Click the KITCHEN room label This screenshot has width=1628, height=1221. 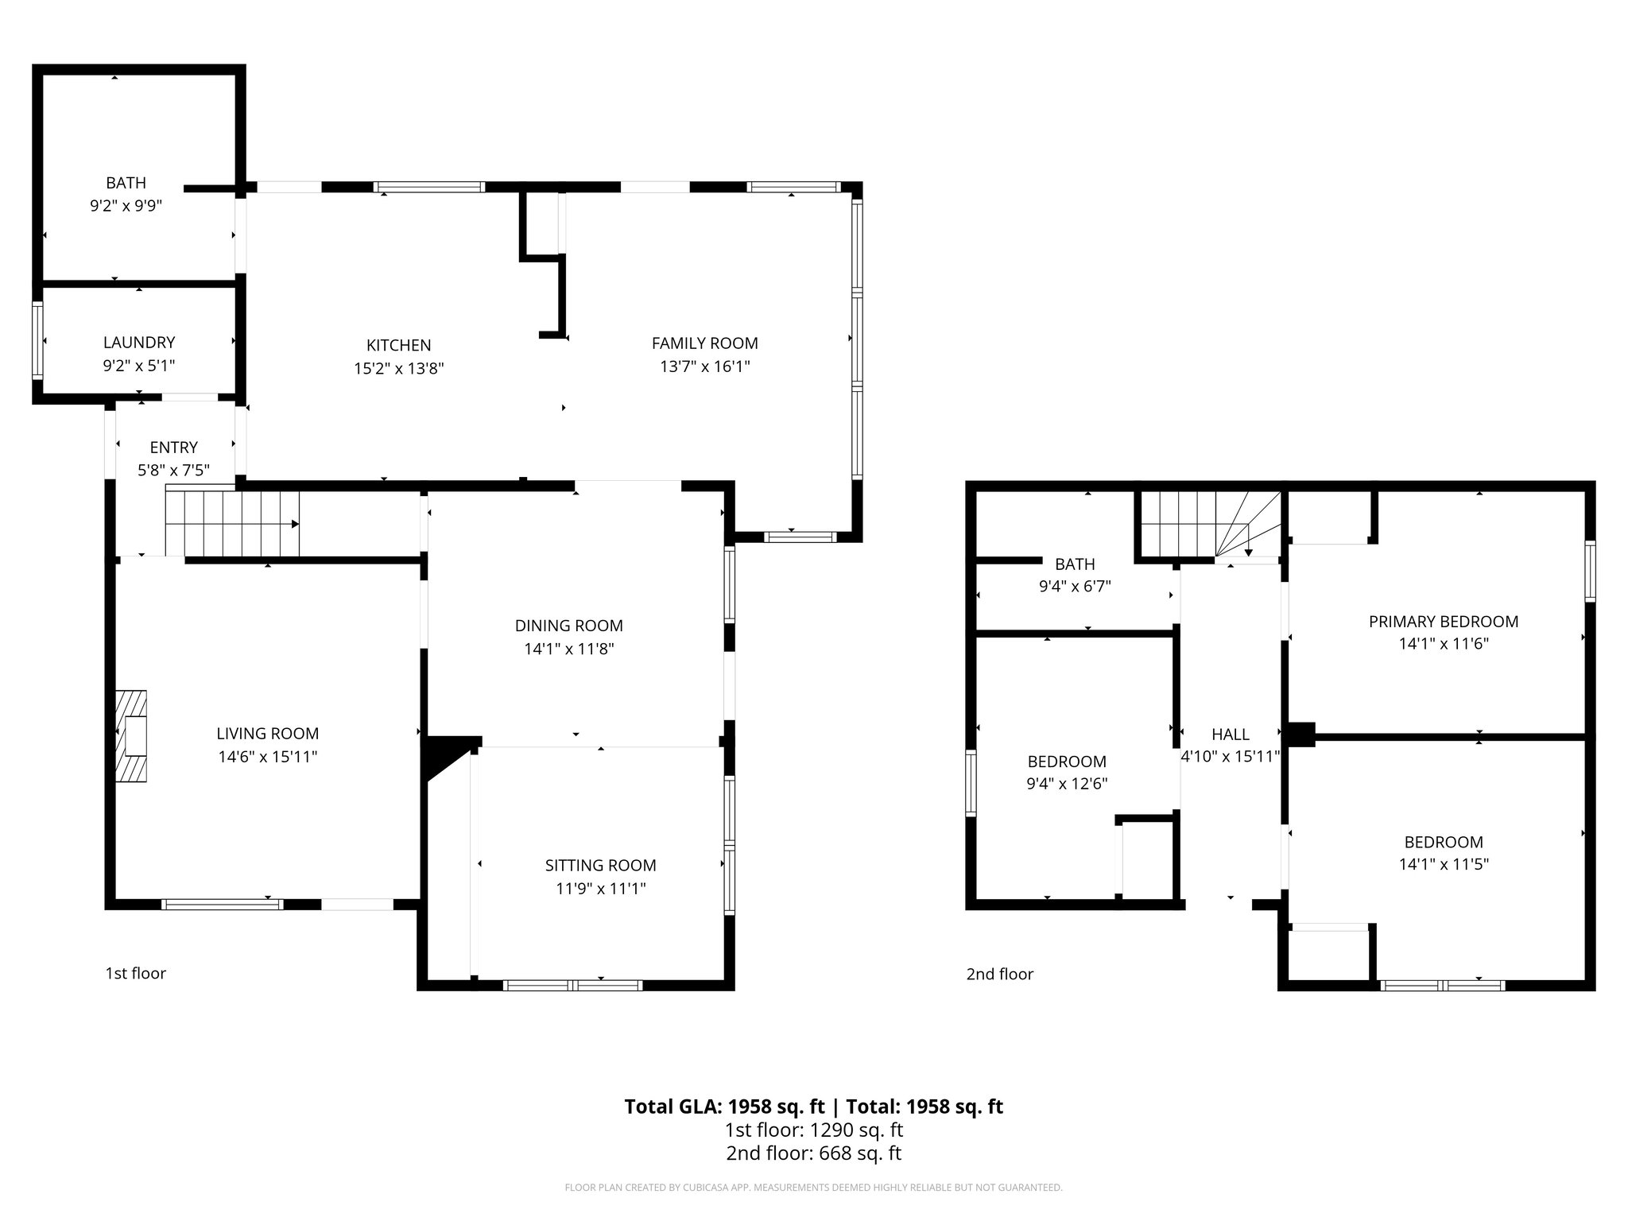pos(398,345)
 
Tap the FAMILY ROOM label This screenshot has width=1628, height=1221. pos(704,343)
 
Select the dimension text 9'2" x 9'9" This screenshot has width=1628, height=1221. pos(126,206)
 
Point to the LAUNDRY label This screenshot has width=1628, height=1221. pos(139,343)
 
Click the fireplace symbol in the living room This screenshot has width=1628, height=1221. pos(132,736)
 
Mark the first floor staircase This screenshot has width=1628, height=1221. pos(232,524)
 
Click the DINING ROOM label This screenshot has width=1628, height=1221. pos(568,626)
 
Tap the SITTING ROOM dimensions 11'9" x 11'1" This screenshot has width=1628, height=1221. pos(600,889)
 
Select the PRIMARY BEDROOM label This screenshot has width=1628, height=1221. pos(1443,622)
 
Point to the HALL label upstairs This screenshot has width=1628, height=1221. pos(1230,735)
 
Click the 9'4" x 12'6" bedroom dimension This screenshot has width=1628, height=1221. pos(1067,784)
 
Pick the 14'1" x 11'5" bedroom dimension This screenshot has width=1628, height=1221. pos(1443,864)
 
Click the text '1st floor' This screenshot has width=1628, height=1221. pos(136,973)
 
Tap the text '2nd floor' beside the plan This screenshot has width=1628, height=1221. pos(999,974)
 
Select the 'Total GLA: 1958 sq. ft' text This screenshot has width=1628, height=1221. pos(725,1107)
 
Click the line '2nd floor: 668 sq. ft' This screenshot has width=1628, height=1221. pos(813,1153)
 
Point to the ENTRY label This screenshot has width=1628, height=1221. pos(173,448)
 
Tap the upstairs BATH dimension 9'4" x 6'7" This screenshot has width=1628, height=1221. pos(1075,587)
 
